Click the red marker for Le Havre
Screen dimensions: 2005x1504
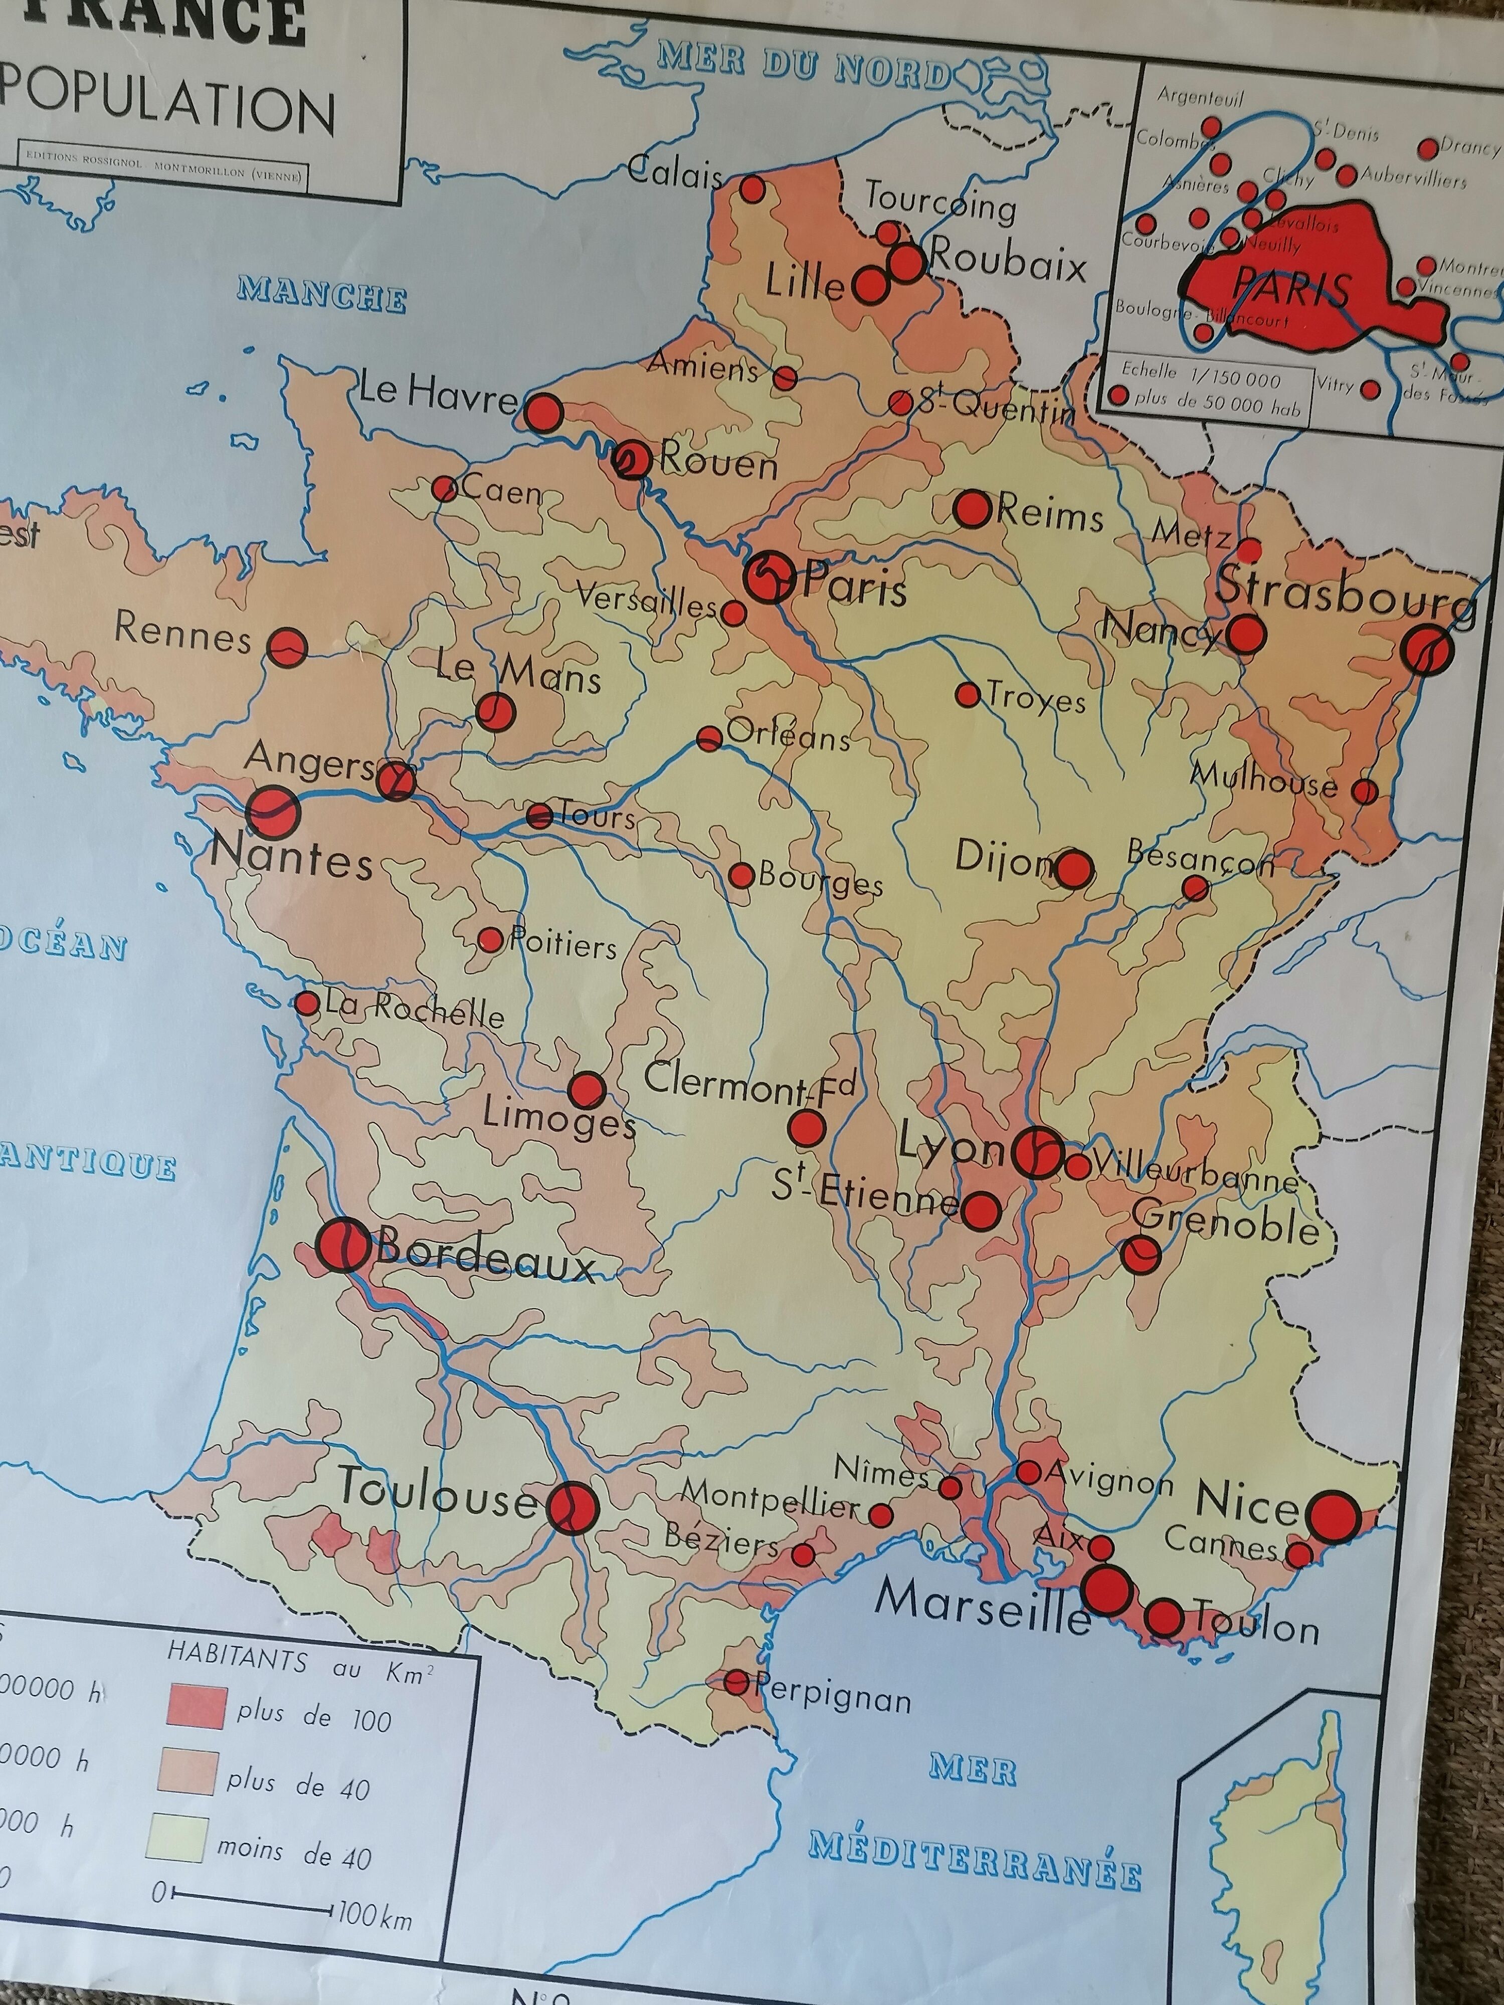click(545, 414)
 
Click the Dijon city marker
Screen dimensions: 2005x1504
click(1072, 868)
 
